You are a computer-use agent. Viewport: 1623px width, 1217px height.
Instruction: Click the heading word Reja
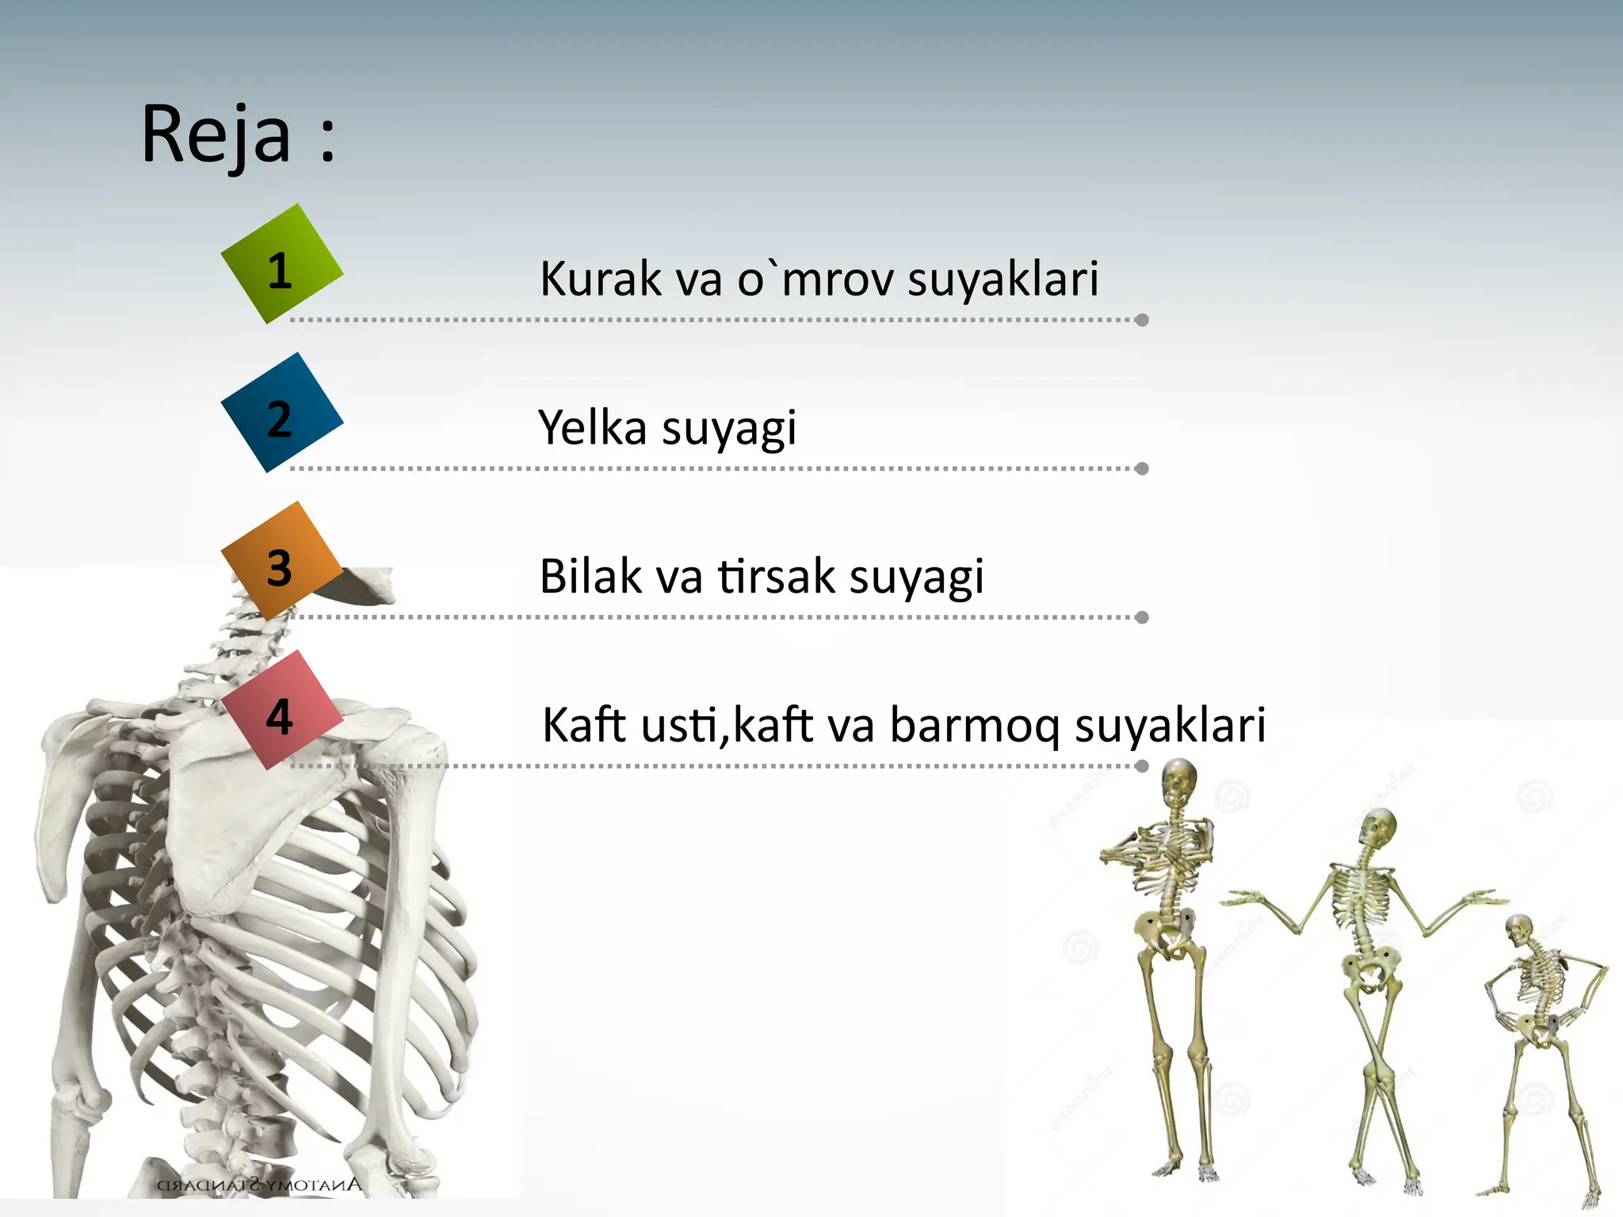click(216, 135)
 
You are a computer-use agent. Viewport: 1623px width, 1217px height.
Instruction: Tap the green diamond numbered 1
click(281, 264)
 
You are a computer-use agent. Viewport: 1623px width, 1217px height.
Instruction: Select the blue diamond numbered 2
click(281, 413)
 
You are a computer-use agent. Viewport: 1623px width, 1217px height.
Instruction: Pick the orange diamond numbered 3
click(281, 562)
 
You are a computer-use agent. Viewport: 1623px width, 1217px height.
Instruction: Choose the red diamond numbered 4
click(281, 711)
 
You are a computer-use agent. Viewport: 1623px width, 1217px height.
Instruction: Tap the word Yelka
click(592, 428)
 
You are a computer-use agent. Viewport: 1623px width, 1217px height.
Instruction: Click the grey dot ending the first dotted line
click(1142, 320)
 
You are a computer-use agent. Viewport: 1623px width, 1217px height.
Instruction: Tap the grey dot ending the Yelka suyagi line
click(1142, 469)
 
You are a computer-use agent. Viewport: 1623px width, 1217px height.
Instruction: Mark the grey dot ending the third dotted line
click(1142, 617)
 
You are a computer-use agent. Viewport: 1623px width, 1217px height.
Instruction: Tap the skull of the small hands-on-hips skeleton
click(1519, 932)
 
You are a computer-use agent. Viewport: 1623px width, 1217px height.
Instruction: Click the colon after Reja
click(327, 141)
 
